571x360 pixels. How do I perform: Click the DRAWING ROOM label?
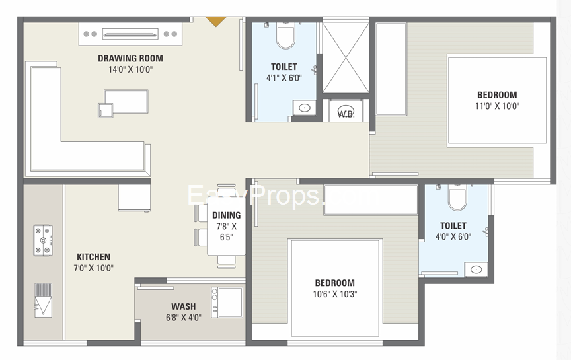(x=130, y=58)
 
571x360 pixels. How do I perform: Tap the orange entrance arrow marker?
(x=214, y=22)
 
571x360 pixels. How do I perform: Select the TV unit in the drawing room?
(x=130, y=34)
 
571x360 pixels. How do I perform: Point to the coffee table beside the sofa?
(x=126, y=104)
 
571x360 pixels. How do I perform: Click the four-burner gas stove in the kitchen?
(x=43, y=240)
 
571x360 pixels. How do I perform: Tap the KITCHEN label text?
(x=93, y=257)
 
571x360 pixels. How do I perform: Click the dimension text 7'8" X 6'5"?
(x=226, y=231)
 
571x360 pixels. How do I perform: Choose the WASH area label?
(x=183, y=306)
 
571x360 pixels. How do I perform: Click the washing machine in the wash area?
(x=227, y=303)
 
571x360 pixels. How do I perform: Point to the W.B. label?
(x=346, y=113)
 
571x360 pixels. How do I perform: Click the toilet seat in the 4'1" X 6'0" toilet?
(x=285, y=37)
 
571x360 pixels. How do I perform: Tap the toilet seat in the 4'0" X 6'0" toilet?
(x=457, y=197)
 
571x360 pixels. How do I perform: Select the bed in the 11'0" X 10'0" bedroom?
(x=497, y=100)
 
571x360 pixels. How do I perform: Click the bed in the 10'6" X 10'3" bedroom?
(x=334, y=288)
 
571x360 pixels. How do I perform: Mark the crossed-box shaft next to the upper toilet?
(x=345, y=57)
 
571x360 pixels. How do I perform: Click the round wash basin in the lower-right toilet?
(x=476, y=269)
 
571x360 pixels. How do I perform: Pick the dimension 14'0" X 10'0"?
(x=130, y=69)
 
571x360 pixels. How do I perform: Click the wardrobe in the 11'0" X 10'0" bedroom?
(x=391, y=69)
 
